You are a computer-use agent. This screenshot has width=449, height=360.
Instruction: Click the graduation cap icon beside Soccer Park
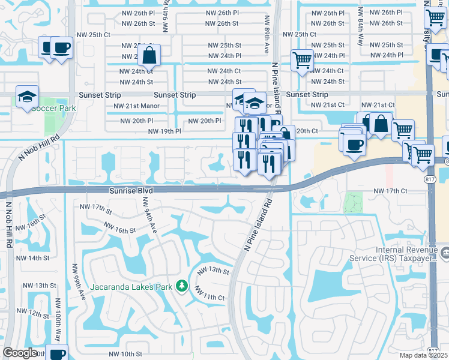(27, 97)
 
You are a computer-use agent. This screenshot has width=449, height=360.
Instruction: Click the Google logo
(20, 352)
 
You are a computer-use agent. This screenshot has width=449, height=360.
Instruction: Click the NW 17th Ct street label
(390, 191)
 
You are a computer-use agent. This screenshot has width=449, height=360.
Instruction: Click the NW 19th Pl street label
(164, 131)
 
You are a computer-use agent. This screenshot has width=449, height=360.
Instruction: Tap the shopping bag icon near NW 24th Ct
(149, 56)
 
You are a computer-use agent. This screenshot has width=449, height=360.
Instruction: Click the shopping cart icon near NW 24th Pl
(302, 60)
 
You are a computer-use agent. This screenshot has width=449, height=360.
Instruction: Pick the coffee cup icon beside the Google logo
(58, 353)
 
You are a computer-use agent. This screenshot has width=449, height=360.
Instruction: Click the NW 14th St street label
(32, 258)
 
